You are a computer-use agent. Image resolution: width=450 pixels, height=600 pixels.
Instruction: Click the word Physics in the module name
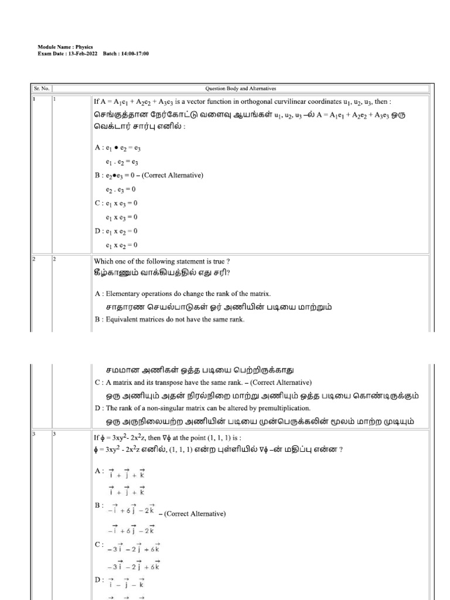[83, 47]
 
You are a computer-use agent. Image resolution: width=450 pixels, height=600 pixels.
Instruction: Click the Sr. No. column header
[39, 88]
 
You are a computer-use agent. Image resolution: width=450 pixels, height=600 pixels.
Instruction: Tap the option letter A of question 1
[97, 148]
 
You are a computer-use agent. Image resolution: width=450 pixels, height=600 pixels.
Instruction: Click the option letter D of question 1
[97, 231]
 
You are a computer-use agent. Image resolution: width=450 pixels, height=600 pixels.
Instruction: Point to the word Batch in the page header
[110, 53]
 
